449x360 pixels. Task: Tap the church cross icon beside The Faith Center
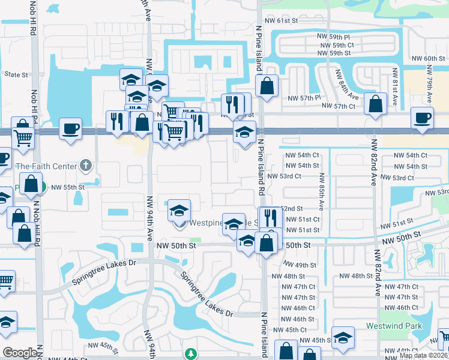tap(86, 166)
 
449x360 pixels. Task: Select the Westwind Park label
tap(394, 326)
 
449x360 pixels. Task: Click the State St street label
tap(16, 75)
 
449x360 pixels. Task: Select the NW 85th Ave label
tap(322, 191)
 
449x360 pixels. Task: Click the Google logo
tap(19, 353)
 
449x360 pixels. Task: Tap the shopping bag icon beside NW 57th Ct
tap(375, 104)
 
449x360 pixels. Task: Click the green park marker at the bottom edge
tap(191, 354)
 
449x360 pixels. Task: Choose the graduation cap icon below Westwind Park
tap(343, 338)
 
